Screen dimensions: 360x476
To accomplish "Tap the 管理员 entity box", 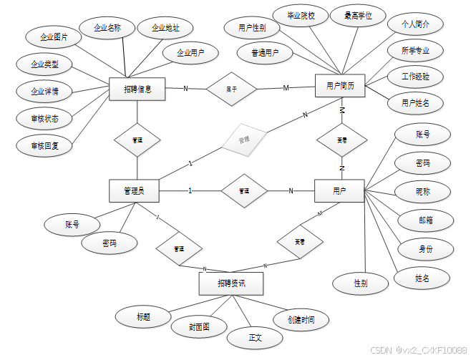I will [134, 190].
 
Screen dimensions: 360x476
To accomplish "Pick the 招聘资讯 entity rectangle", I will [230, 284].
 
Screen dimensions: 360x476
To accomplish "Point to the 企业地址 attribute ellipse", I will [165, 29].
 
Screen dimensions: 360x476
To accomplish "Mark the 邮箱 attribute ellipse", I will [424, 220].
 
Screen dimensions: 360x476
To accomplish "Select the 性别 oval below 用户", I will [360, 283].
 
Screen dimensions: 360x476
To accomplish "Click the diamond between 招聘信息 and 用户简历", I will [231, 89].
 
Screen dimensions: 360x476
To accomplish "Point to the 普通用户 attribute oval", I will [265, 53].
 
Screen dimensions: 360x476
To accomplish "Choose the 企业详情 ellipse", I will [44, 92].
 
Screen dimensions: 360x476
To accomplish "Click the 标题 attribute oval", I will [143, 316].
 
